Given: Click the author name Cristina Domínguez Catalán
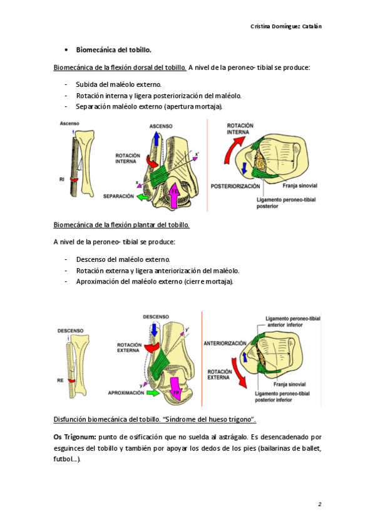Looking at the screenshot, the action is pos(286,26).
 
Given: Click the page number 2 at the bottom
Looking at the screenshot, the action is pos(320,504).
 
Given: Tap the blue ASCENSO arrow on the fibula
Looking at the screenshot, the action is pos(156,138).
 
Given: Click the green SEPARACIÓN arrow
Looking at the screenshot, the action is pos(144,196).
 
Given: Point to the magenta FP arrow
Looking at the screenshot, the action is pos(176,389).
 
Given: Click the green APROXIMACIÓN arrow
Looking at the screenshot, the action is pos(153,392).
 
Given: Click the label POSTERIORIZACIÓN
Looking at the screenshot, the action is pos(235,186).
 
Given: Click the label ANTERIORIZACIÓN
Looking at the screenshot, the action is pos(225,343).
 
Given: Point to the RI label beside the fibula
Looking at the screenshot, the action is pos(61,179).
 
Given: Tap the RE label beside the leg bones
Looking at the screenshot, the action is pos(60,381).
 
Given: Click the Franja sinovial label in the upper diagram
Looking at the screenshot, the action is pos(300,186).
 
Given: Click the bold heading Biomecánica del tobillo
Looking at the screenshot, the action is pos(114,50).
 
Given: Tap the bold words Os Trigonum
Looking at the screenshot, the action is pos(74,437).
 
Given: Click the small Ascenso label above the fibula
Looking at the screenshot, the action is pos(69,123).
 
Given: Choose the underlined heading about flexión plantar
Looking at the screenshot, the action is pos(121,225).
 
